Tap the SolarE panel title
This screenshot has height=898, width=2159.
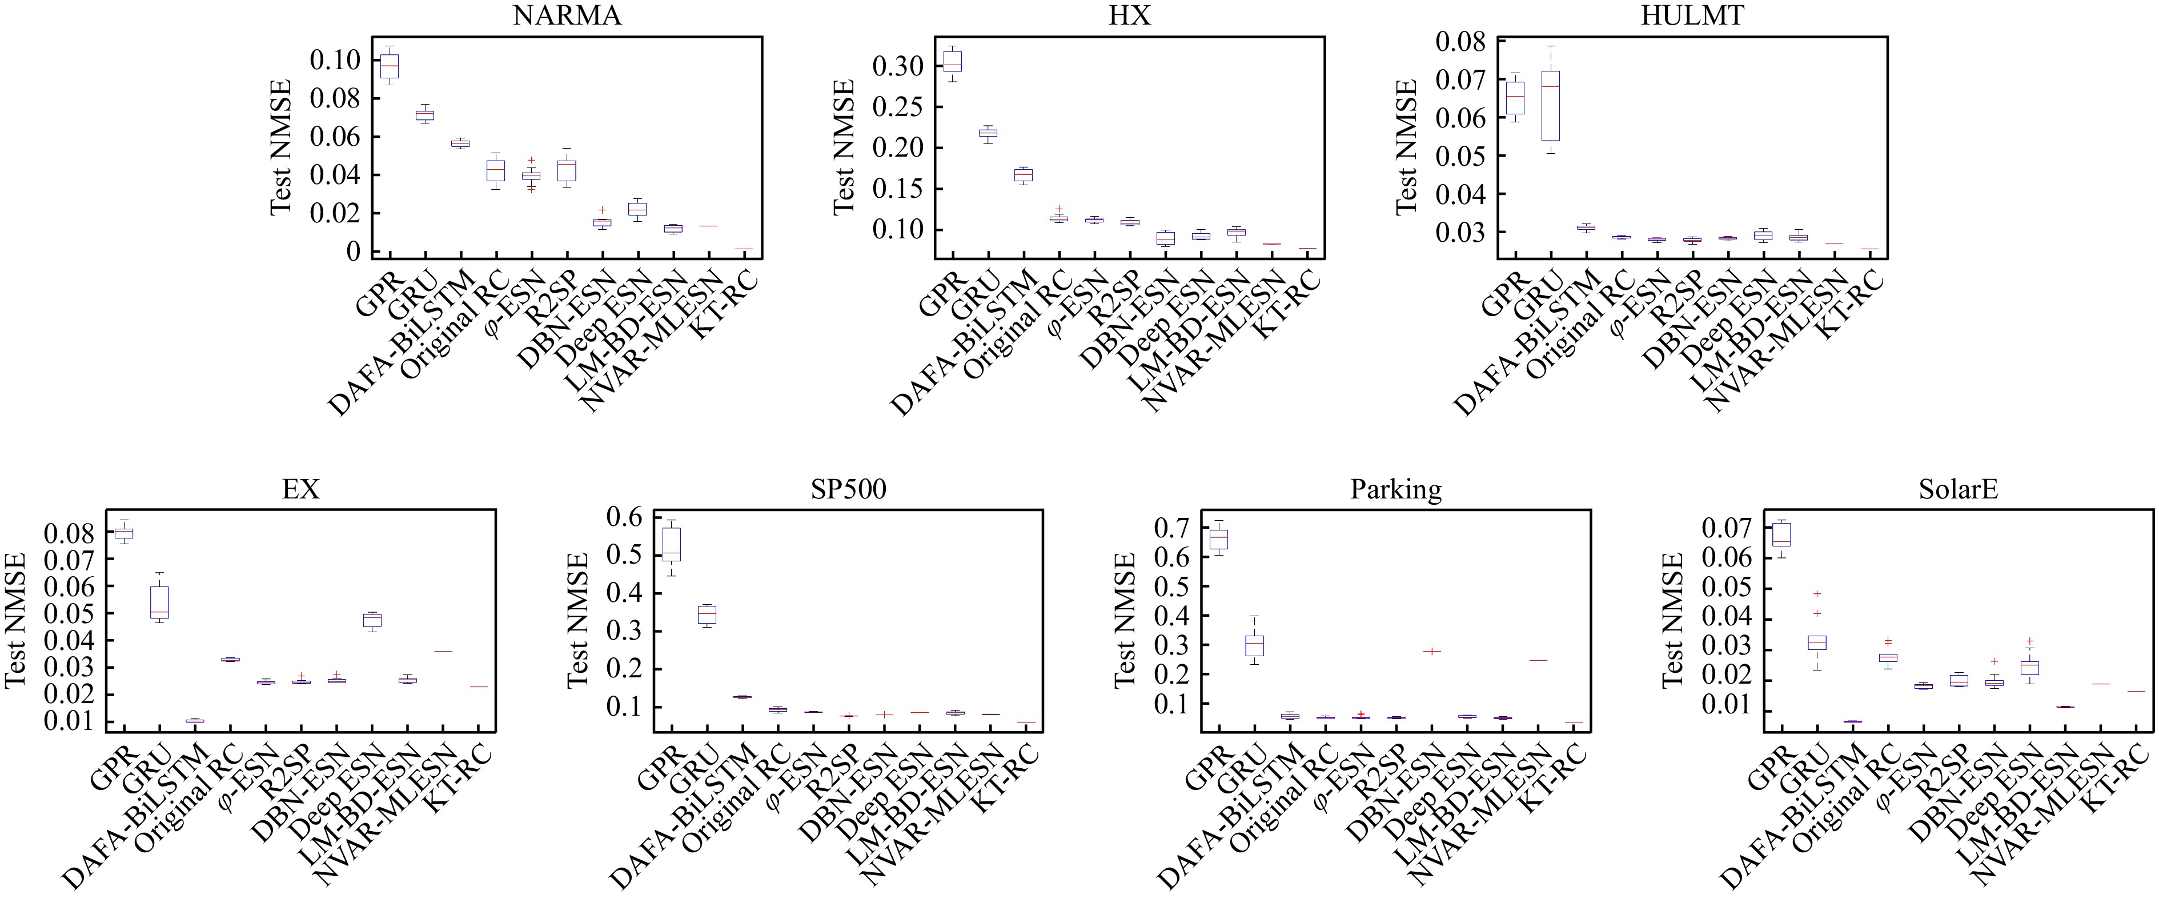[x=1958, y=490]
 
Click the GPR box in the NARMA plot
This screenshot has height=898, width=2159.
[x=390, y=66]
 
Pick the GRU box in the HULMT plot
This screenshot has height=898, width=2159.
[x=1551, y=105]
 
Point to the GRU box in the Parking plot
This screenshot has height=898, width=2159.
[x=1254, y=645]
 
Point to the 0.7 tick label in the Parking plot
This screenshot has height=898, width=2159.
[x=1170, y=528]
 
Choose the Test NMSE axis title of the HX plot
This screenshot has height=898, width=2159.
[x=844, y=147]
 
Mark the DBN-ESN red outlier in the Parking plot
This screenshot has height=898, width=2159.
[x=1431, y=650]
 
